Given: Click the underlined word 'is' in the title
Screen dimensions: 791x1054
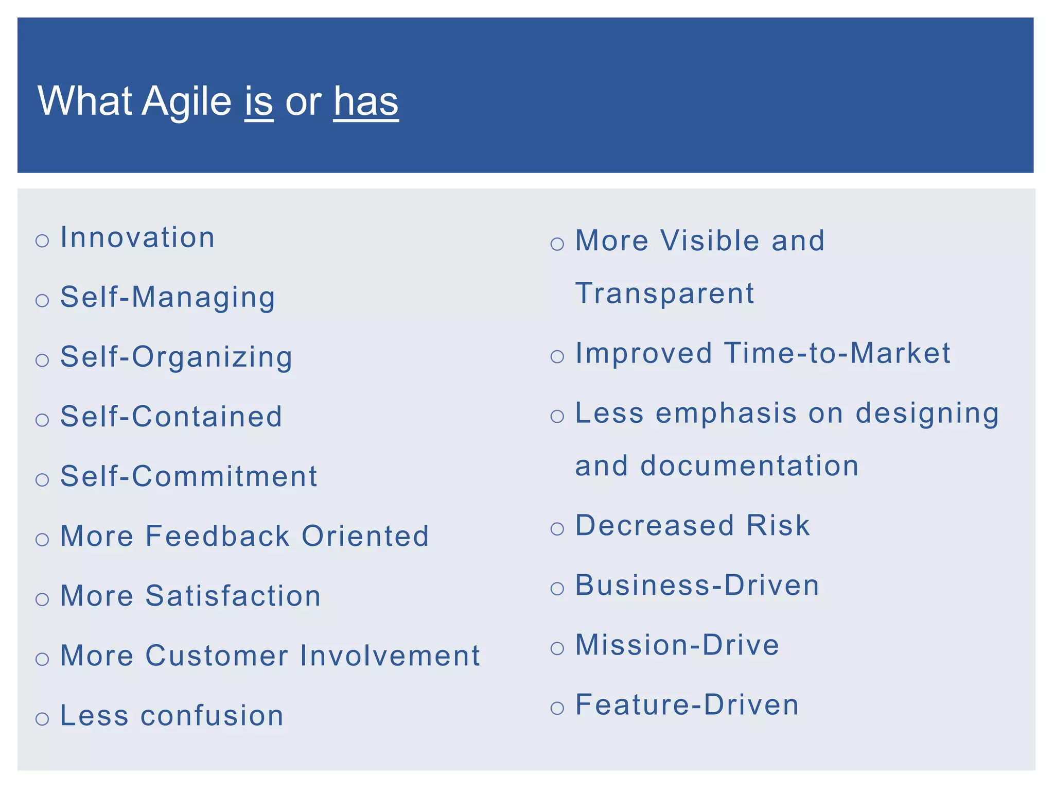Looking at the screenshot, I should [258, 101].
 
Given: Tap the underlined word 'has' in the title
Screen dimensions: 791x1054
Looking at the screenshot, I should [365, 101].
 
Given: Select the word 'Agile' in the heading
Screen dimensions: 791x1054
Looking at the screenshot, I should [186, 101].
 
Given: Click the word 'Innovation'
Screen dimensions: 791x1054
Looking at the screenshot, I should [137, 237].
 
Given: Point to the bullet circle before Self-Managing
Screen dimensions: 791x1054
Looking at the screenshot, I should [42, 300].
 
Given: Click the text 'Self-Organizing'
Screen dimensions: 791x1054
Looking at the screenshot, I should [176, 357].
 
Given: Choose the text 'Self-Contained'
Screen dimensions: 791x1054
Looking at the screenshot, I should [171, 416].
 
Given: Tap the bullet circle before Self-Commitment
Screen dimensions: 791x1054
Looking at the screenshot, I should [42, 479].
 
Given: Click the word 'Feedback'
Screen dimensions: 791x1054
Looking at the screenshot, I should [218, 536].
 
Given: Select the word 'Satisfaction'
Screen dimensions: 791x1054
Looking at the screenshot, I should [233, 596].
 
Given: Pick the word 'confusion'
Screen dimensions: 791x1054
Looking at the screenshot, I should [212, 716].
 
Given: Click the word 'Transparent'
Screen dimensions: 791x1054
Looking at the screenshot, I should [664, 294].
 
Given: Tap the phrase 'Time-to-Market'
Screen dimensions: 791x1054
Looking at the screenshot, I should [837, 353].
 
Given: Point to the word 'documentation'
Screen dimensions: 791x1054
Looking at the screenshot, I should [749, 466].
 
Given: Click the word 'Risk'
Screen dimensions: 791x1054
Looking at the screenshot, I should [778, 525].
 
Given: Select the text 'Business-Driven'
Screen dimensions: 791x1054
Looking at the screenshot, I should [697, 586].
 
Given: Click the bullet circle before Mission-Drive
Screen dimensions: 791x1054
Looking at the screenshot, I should [557, 648].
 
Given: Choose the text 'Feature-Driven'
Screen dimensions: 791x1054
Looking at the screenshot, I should [687, 705].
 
